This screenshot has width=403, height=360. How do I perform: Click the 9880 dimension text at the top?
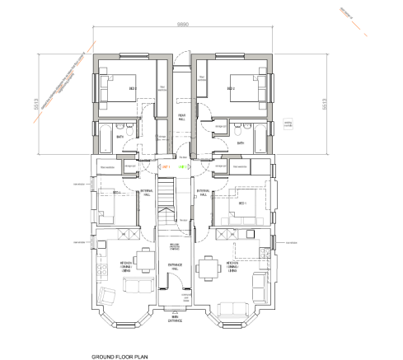tap(183, 26)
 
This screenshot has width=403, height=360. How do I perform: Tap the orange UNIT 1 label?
tap(165, 166)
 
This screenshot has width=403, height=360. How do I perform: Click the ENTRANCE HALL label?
tap(174, 266)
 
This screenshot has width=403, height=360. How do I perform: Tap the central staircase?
tap(167, 202)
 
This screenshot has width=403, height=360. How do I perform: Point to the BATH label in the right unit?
tap(240, 143)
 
